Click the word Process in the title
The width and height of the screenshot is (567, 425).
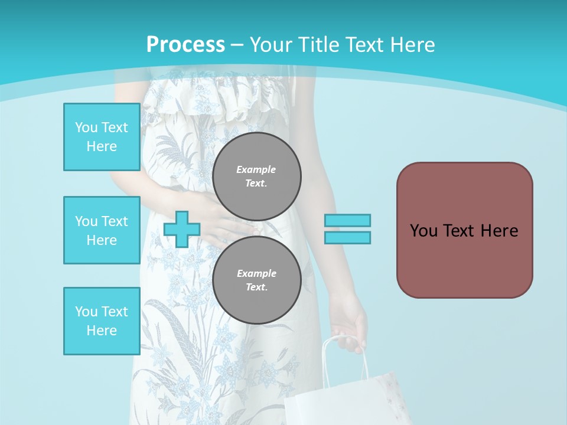pyautogui.click(x=185, y=45)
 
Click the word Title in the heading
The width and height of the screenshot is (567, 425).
pyautogui.click(x=320, y=45)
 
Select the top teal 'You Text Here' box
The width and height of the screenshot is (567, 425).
pyautogui.click(x=102, y=137)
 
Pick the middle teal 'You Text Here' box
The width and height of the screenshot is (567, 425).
pyautogui.click(x=102, y=230)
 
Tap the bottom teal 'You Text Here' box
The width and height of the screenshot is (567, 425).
pyautogui.click(x=102, y=321)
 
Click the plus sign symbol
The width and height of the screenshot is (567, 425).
pyautogui.click(x=182, y=229)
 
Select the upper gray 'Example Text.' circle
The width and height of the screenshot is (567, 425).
pyautogui.click(x=257, y=176)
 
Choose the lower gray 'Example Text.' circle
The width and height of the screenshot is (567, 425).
pyautogui.click(x=257, y=280)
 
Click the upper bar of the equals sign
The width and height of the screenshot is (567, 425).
pyautogui.click(x=347, y=220)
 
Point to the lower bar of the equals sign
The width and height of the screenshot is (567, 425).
pyautogui.click(x=347, y=237)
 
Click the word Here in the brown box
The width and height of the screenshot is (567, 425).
pyautogui.click(x=499, y=230)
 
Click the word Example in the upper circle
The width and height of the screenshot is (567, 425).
pyautogui.click(x=256, y=169)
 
